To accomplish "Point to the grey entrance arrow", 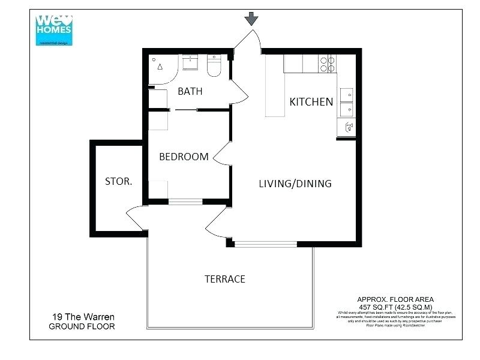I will point(251,20).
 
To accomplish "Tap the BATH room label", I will point(190,92).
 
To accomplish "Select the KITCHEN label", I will point(311,102).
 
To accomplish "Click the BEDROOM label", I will point(184,157).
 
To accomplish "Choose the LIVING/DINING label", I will point(295,184).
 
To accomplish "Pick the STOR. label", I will point(119,181).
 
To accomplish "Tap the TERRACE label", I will point(225,279).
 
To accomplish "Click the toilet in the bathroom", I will point(214,67).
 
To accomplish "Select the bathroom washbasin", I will point(191,62).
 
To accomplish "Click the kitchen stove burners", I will point(328,64).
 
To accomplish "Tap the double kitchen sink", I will point(346,102).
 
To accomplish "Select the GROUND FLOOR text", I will point(82,327).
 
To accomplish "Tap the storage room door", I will point(134,218).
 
